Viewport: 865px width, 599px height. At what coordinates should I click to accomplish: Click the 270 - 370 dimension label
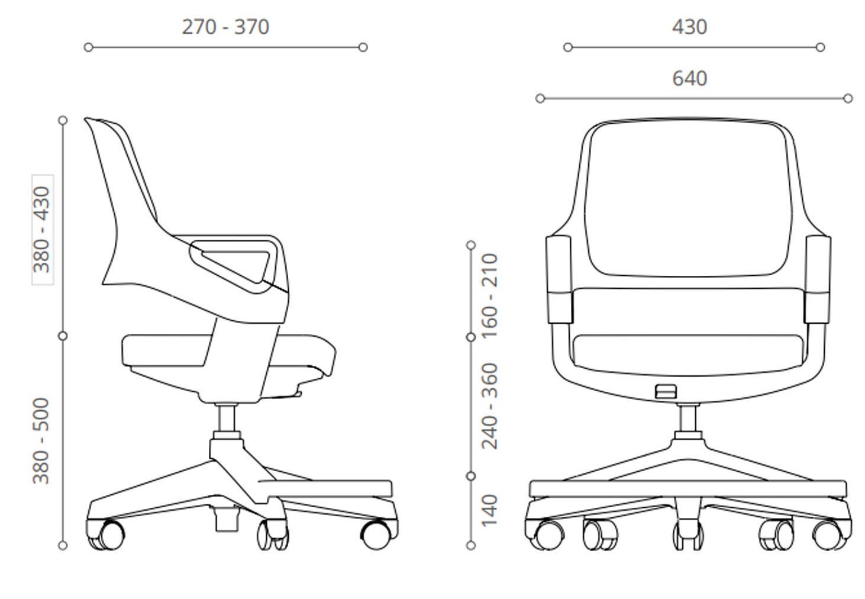click(x=225, y=27)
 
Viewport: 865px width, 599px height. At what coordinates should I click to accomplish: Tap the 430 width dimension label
click(x=690, y=27)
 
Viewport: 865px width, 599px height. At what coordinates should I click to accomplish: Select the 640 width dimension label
click(x=690, y=78)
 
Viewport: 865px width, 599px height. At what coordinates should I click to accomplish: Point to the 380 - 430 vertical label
click(x=41, y=230)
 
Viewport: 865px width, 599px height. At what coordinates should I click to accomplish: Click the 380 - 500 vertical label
click(x=41, y=440)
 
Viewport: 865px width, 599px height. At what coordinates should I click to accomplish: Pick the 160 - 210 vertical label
click(x=490, y=296)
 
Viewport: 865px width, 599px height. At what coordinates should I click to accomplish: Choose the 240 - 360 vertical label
click(x=490, y=406)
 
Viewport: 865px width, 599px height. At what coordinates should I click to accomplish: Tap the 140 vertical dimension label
click(x=490, y=510)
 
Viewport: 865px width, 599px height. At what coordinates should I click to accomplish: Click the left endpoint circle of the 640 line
click(x=540, y=98)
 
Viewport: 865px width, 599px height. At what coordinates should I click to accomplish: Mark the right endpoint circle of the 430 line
click(x=820, y=47)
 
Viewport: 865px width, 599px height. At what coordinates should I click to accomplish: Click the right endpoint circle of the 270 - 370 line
click(x=363, y=47)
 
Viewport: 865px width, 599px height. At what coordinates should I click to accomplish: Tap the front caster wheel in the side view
click(x=376, y=535)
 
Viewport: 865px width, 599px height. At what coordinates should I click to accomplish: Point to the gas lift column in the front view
click(x=688, y=418)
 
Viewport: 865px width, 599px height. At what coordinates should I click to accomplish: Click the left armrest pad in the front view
click(x=559, y=279)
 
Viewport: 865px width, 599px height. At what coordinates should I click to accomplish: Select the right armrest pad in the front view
click(x=818, y=279)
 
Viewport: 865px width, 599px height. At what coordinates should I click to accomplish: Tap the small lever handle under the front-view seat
click(x=666, y=391)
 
